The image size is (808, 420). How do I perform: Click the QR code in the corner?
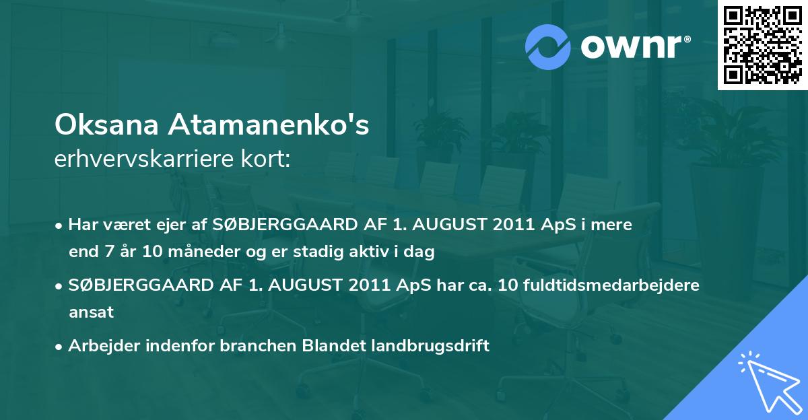[x=762, y=44]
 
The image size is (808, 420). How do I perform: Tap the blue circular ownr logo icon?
[x=547, y=47]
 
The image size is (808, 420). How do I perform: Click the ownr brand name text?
[x=631, y=46]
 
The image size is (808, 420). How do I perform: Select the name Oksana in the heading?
[x=106, y=125]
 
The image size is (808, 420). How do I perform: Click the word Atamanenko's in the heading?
[x=269, y=125]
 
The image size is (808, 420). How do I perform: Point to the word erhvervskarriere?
[x=144, y=159]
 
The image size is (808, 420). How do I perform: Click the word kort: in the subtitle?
[x=265, y=159]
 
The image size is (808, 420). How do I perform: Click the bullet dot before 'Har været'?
[x=58, y=226]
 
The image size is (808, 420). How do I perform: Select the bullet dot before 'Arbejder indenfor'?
[x=58, y=347]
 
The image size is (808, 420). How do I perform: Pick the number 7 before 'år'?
[x=110, y=251]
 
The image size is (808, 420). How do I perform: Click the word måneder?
[x=204, y=251]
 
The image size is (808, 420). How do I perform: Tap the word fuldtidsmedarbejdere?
[x=611, y=285]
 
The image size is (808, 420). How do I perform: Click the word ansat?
[x=92, y=312]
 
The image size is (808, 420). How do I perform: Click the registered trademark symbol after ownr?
[x=687, y=39]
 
